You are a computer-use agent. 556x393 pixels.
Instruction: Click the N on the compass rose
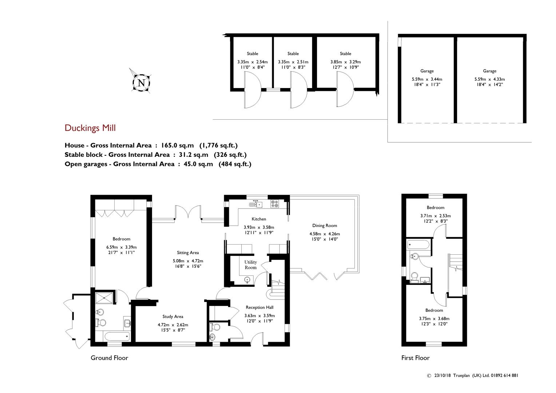coord(141,83)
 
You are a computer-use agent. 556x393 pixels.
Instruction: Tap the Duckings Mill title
coord(90,128)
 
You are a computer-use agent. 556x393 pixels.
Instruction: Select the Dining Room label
coord(325,226)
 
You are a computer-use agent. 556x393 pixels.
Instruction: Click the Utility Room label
coord(250,265)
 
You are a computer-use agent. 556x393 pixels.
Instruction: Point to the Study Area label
coord(173,317)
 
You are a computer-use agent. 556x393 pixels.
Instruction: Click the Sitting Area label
coord(188,253)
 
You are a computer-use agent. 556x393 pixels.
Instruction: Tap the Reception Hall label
coord(260,307)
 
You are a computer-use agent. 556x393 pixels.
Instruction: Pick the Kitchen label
coord(259,219)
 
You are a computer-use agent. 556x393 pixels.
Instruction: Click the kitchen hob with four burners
coord(274,204)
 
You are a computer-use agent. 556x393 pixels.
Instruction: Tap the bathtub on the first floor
coord(418,245)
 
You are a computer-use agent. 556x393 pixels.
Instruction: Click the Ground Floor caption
coord(110,358)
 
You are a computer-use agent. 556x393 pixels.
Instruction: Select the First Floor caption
coord(416,358)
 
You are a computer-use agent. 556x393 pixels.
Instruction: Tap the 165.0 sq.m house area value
coord(178,146)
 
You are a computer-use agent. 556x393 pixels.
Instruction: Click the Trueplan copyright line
coord(472,376)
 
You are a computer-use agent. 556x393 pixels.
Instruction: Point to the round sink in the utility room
coord(247,280)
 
